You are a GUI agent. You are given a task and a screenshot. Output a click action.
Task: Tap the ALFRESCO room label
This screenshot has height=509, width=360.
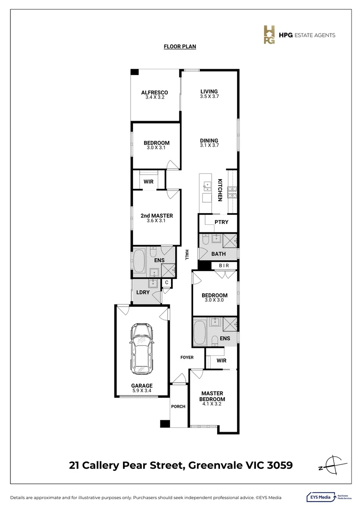[x=155, y=92]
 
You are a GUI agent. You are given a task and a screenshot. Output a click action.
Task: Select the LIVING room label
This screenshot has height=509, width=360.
[x=209, y=91]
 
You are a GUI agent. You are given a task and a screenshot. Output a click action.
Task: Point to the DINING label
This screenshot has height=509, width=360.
[x=209, y=140]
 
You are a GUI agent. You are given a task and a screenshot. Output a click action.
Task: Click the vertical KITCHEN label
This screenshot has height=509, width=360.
[x=220, y=190]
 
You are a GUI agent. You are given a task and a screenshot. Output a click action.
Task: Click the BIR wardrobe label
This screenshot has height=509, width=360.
[x=224, y=266]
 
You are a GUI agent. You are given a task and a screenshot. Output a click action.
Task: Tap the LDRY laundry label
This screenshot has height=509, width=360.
[x=143, y=293]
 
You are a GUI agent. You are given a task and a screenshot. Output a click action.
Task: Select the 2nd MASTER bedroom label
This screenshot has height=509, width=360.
[x=156, y=216]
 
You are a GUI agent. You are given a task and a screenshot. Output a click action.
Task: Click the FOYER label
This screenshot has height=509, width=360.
[x=187, y=357]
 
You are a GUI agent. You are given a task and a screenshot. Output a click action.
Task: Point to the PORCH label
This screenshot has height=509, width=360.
[x=178, y=407]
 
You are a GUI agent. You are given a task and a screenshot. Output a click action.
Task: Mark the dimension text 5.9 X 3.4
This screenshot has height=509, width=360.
[x=142, y=390]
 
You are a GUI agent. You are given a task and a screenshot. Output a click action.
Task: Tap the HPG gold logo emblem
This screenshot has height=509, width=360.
[x=269, y=35]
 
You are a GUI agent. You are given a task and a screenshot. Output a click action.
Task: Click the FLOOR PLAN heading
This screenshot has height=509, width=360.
[x=180, y=47]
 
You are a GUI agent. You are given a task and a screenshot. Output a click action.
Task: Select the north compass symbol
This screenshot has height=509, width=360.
[x=332, y=464]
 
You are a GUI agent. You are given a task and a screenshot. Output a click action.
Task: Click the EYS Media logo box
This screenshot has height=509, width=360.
[x=319, y=497]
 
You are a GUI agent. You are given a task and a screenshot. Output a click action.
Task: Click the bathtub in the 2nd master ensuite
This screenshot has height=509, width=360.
[x=139, y=262]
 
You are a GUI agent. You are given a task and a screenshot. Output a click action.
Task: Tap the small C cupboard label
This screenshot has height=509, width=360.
[x=166, y=283]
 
